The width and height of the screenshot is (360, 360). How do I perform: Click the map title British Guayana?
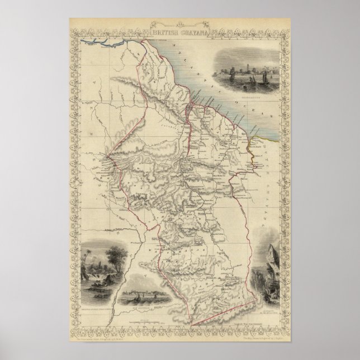tap(179, 32)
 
